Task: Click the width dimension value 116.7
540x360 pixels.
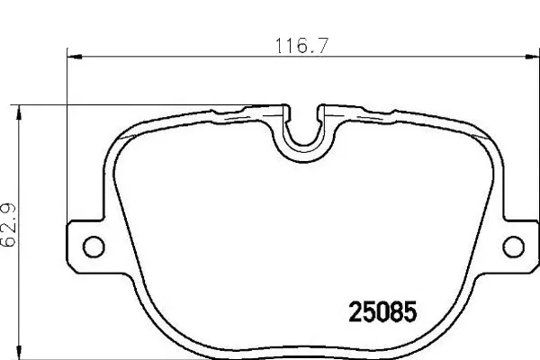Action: click(302, 46)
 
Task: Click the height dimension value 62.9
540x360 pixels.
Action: click(8, 225)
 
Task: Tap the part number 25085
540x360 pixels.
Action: click(383, 311)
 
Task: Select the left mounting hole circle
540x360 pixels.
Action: click(94, 247)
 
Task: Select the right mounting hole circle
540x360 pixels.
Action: click(514, 247)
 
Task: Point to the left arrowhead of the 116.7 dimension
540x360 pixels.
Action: click(75, 56)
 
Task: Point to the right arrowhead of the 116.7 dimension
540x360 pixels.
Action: click(532, 56)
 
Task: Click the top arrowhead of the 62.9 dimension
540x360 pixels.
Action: click(19, 112)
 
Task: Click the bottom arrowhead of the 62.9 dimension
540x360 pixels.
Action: click(19, 351)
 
